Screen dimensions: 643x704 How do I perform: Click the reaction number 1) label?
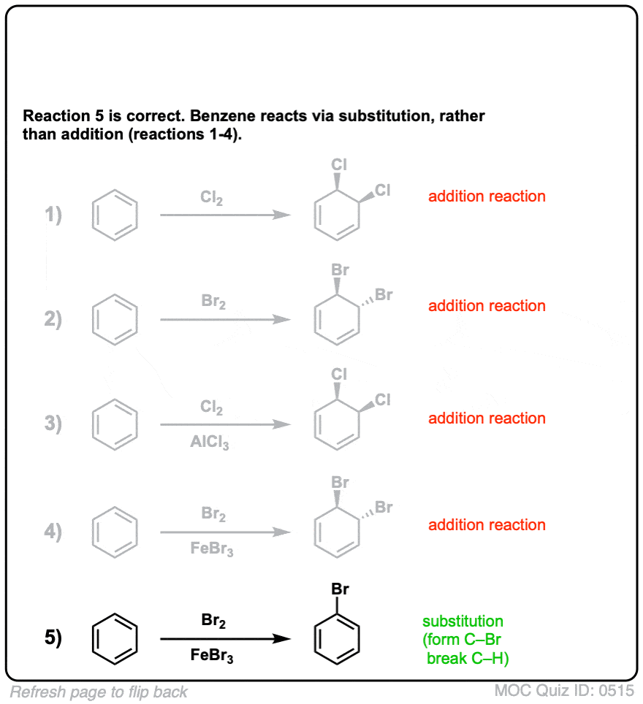tap(53, 215)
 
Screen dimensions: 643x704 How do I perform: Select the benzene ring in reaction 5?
tap(93, 638)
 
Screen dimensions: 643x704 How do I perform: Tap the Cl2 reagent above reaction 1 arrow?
tap(211, 198)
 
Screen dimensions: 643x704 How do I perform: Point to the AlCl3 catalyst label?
tap(210, 442)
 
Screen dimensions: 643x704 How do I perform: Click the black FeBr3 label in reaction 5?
tap(212, 655)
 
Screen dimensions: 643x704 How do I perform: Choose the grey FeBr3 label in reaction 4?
tap(212, 548)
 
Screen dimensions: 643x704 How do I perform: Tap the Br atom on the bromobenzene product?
tap(340, 589)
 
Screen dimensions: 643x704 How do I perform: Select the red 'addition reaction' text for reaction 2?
tap(487, 306)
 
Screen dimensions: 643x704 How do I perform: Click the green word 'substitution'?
tap(463, 621)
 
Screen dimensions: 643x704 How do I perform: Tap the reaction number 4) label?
tap(53, 532)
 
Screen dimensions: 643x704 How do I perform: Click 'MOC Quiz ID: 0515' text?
tap(564, 691)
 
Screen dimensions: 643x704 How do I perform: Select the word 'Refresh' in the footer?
tap(37, 692)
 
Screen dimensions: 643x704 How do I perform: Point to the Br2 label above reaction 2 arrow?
tap(213, 301)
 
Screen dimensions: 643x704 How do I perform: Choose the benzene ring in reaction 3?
tap(93, 424)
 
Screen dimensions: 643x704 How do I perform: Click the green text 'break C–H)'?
tap(468, 658)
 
